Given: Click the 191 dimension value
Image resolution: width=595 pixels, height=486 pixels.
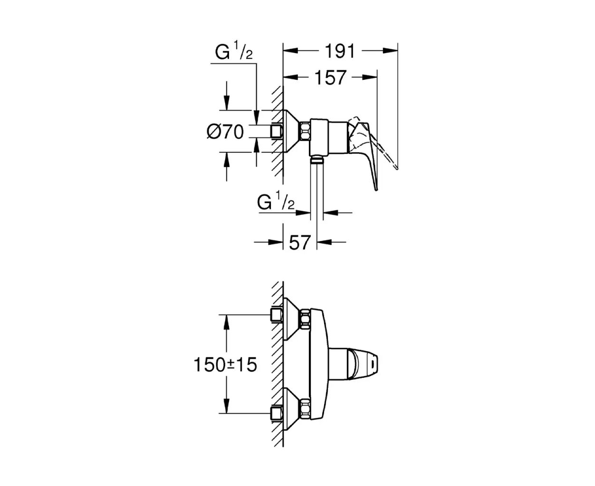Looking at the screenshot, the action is click(340, 51).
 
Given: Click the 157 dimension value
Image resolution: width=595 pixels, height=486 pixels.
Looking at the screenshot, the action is click(330, 77).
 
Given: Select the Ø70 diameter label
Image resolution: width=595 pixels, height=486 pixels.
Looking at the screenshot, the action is click(225, 131).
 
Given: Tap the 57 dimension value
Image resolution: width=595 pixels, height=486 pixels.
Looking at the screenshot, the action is click(299, 242).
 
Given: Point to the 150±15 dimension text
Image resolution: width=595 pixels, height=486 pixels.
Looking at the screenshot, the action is click(225, 364).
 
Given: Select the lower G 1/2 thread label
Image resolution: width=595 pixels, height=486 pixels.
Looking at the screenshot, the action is click(276, 201).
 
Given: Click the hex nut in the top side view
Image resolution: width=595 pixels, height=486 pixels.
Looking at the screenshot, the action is click(305, 131).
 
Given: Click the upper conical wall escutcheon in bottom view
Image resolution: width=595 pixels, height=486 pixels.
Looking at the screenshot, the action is click(292, 318).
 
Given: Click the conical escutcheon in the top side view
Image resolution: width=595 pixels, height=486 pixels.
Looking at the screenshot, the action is click(292, 131).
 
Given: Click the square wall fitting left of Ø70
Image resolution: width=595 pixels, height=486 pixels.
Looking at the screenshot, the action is click(277, 131).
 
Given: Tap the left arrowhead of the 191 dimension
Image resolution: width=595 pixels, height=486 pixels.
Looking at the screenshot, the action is click(290, 51).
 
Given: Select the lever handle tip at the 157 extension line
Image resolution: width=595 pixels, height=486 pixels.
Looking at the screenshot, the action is click(376, 189).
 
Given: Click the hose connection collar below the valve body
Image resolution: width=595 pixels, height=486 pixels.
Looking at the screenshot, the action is click(317, 160).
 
